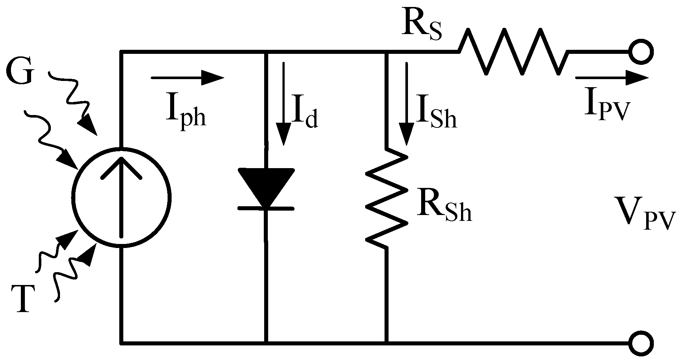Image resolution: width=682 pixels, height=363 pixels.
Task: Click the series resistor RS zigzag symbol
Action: [512, 52]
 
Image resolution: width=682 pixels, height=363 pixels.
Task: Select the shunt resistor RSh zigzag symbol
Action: [387, 198]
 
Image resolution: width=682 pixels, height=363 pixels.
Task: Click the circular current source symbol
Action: [121, 196]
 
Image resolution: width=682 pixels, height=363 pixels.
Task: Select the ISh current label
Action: [435, 116]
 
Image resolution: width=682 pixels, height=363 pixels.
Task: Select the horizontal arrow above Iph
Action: [187, 78]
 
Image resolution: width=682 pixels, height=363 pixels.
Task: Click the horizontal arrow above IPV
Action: [611, 78]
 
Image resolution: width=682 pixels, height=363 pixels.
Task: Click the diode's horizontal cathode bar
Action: [266, 208]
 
